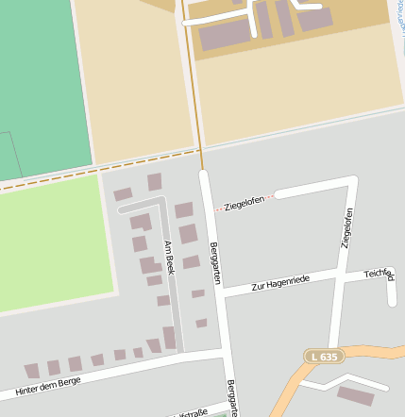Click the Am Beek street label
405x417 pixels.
(170, 258)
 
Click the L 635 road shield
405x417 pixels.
(323, 356)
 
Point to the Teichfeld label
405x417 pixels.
(379, 274)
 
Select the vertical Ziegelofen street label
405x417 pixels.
(347, 227)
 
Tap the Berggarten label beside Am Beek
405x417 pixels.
(215, 263)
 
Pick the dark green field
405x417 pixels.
(38, 85)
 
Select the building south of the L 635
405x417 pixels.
(355, 395)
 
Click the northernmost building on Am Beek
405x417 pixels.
(155, 181)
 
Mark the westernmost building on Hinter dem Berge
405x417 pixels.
(32, 371)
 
